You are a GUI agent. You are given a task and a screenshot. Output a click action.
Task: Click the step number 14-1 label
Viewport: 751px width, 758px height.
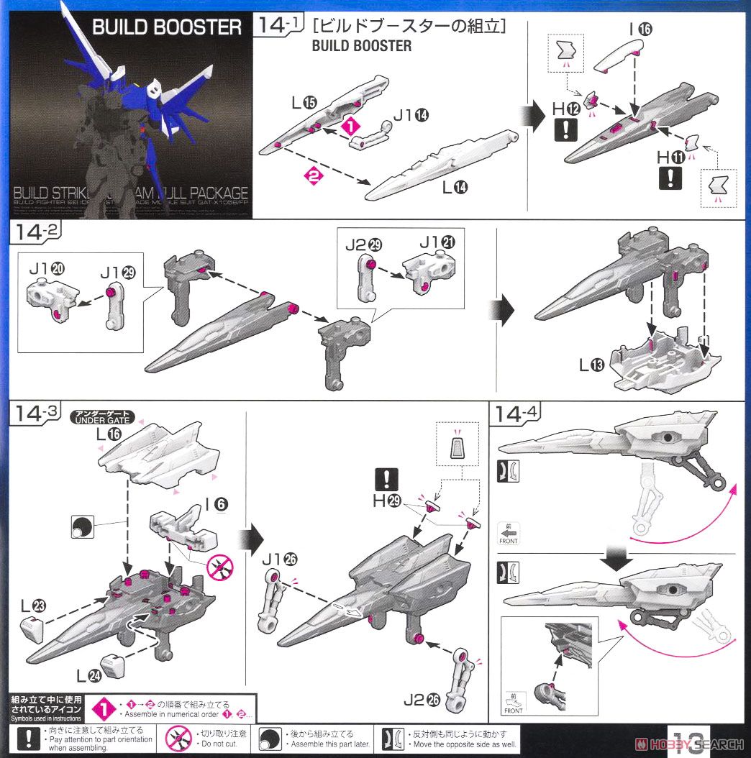pos(280,27)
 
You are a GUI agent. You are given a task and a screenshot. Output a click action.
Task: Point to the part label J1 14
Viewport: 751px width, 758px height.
pos(411,113)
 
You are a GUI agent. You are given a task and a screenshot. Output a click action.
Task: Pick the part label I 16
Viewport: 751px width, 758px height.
pos(640,29)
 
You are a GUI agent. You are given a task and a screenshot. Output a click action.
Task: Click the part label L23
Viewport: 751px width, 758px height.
pos(32,606)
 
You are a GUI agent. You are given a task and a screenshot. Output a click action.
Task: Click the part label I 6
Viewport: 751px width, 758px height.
pos(212,504)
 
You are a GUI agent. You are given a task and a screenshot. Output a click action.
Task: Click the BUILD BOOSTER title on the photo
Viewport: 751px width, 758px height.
pos(167,28)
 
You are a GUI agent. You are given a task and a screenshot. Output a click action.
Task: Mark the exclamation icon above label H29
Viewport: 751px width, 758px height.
pos(386,479)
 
